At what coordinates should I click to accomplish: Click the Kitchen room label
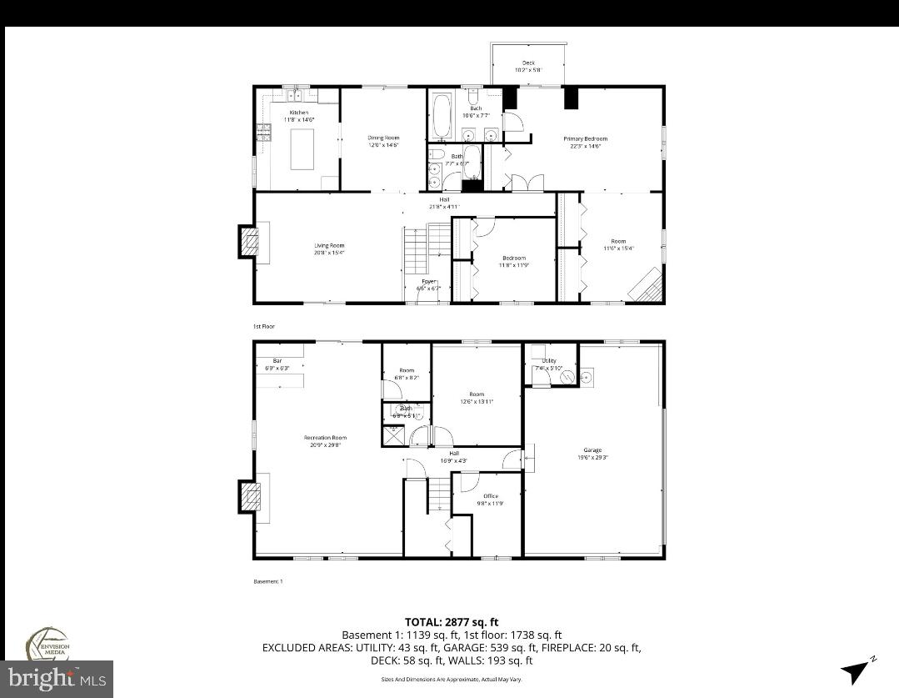(x=298, y=113)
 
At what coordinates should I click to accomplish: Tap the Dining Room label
(x=384, y=138)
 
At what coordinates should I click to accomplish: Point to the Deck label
(x=528, y=63)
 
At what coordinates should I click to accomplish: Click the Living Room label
(x=329, y=245)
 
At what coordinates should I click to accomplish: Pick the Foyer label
(x=428, y=282)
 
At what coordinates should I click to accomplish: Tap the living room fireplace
(x=248, y=243)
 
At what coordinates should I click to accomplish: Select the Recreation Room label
(x=325, y=438)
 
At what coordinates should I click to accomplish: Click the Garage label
(x=592, y=450)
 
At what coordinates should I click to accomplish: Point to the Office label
(x=490, y=496)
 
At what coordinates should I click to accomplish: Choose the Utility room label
(x=548, y=361)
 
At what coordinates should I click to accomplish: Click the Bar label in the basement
(x=267, y=361)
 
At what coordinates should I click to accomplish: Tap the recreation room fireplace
(x=248, y=498)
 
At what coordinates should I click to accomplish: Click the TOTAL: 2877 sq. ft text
(x=451, y=621)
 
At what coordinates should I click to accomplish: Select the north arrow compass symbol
(x=857, y=670)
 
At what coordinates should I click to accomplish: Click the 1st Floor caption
(x=263, y=326)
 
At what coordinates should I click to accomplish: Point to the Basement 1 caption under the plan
(x=268, y=581)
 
